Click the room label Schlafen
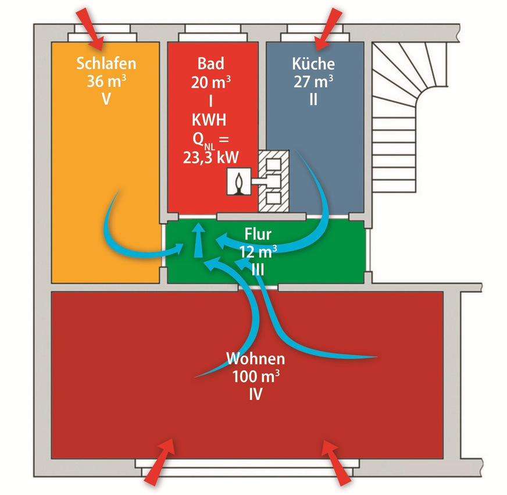point(106,63)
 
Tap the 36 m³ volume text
point(106,81)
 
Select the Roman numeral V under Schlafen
point(106,99)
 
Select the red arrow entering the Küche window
point(328,27)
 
